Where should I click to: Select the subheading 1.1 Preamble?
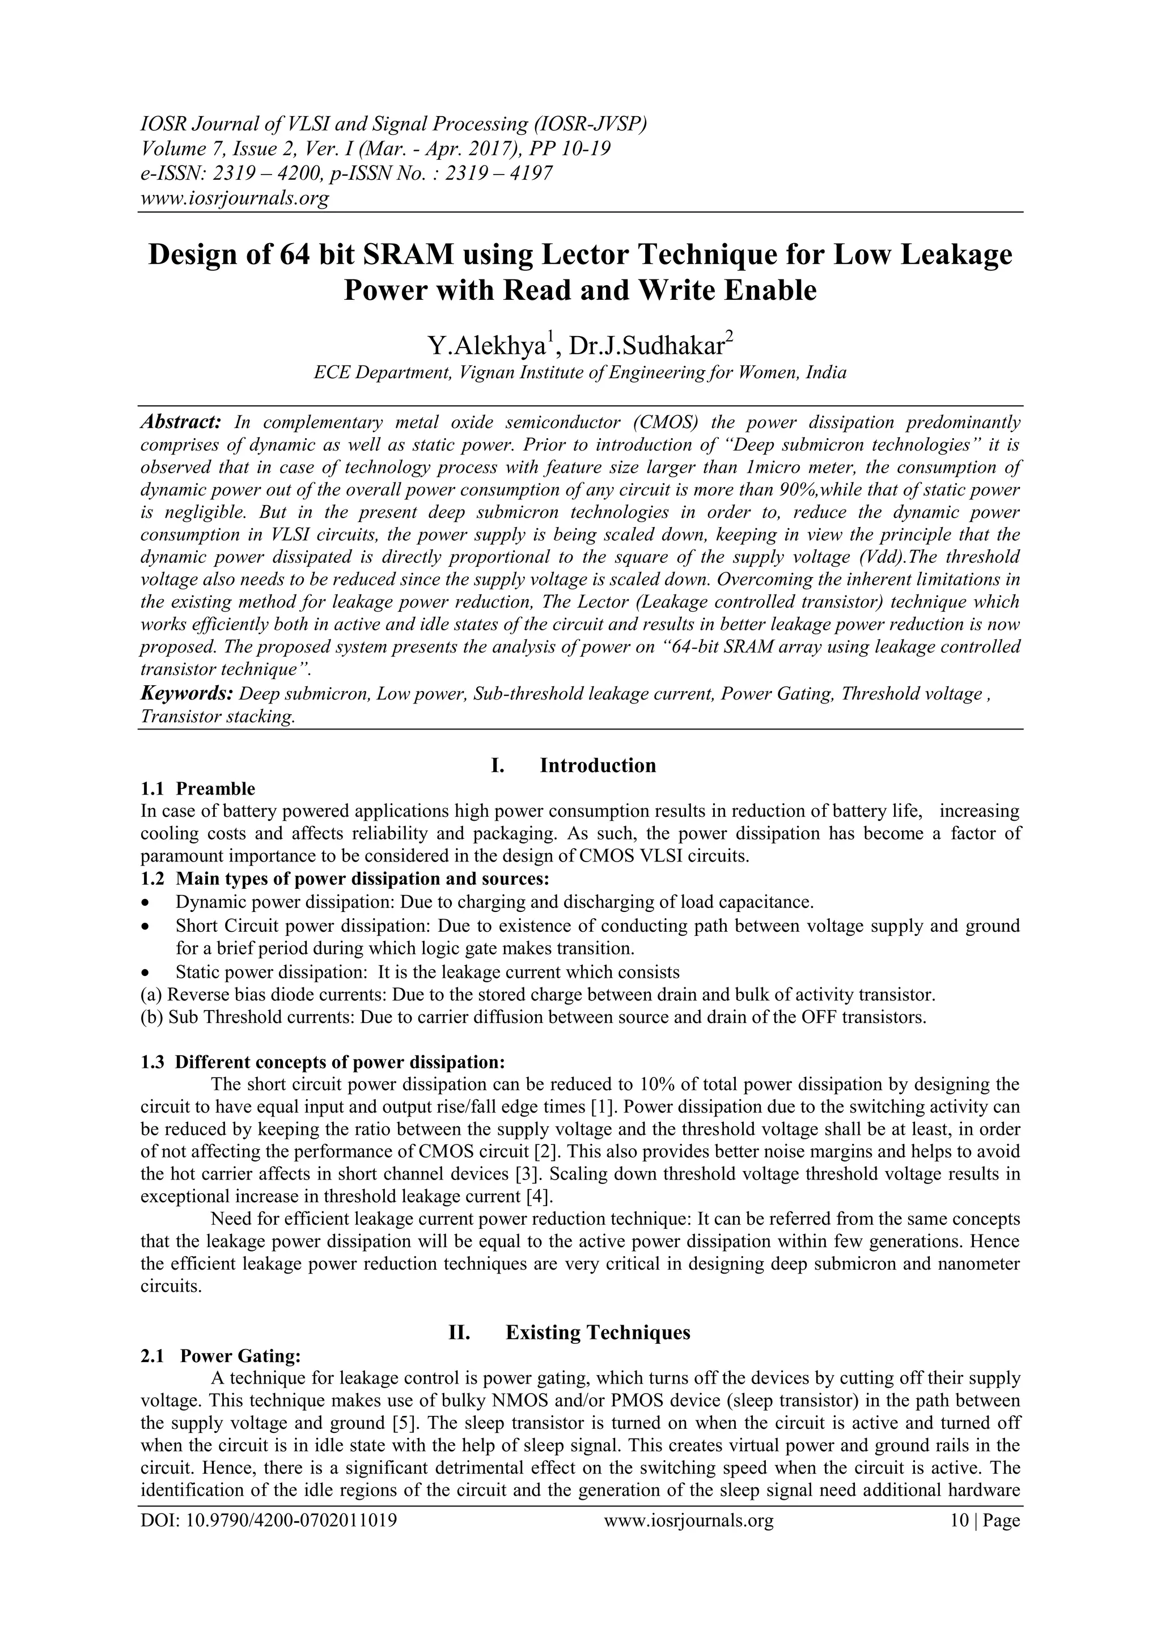pos(197,789)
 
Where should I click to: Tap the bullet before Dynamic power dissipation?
pos(147,902)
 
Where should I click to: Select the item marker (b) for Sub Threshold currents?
pos(152,1017)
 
